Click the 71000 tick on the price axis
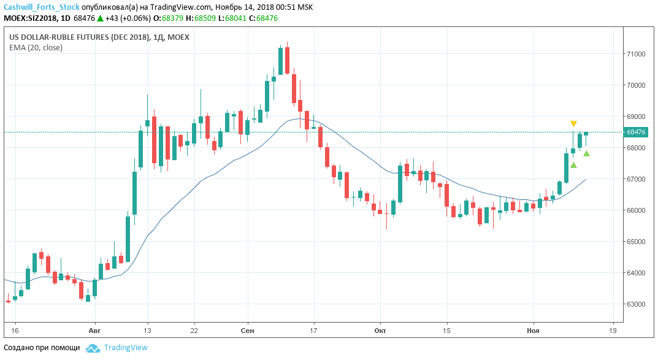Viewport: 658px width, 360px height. pos(635,54)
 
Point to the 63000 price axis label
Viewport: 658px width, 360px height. pos(635,304)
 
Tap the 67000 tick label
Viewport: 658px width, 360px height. pos(635,179)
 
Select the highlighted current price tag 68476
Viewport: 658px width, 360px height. pos(636,132)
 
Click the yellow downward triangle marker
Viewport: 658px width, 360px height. pos(573,124)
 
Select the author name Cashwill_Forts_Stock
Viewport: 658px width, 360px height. pos(42,7)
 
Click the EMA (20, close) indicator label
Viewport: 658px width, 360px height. pos(36,47)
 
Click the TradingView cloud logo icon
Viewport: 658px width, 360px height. pos(93,348)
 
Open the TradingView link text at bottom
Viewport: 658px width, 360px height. pos(126,348)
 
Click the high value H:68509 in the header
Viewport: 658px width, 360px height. pos(202,18)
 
